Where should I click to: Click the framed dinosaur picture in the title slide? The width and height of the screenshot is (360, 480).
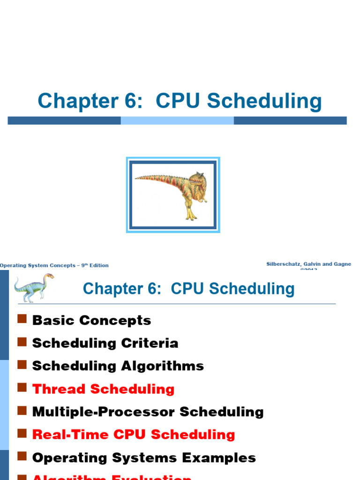click(x=173, y=195)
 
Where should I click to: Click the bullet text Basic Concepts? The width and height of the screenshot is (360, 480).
click(x=91, y=321)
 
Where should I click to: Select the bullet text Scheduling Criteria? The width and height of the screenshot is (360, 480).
click(x=105, y=343)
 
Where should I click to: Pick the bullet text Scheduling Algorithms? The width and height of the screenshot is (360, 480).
click(x=118, y=366)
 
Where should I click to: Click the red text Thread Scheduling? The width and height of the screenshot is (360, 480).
click(x=103, y=389)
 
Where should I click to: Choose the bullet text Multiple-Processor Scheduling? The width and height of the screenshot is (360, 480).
click(x=148, y=412)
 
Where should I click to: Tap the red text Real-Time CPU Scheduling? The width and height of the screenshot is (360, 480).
click(x=134, y=435)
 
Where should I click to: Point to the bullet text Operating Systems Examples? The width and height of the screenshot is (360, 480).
click(x=144, y=458)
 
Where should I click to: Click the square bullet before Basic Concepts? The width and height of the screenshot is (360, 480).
click(x=22, y=319)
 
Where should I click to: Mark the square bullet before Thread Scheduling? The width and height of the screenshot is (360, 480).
click(x=22, y=388)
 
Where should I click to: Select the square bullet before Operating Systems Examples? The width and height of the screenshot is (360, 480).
click(x=22, y=457)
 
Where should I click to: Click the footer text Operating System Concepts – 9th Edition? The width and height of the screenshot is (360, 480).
click(x=54, y=265)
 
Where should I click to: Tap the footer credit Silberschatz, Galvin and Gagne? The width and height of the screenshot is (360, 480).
click(x=308, y=264)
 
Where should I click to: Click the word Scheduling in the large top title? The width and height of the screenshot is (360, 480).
click(x=264, y=102)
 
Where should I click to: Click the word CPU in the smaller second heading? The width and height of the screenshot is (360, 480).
click(x=188, y=289)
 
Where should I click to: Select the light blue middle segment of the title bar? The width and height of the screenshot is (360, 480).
click(x=177, y=120)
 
